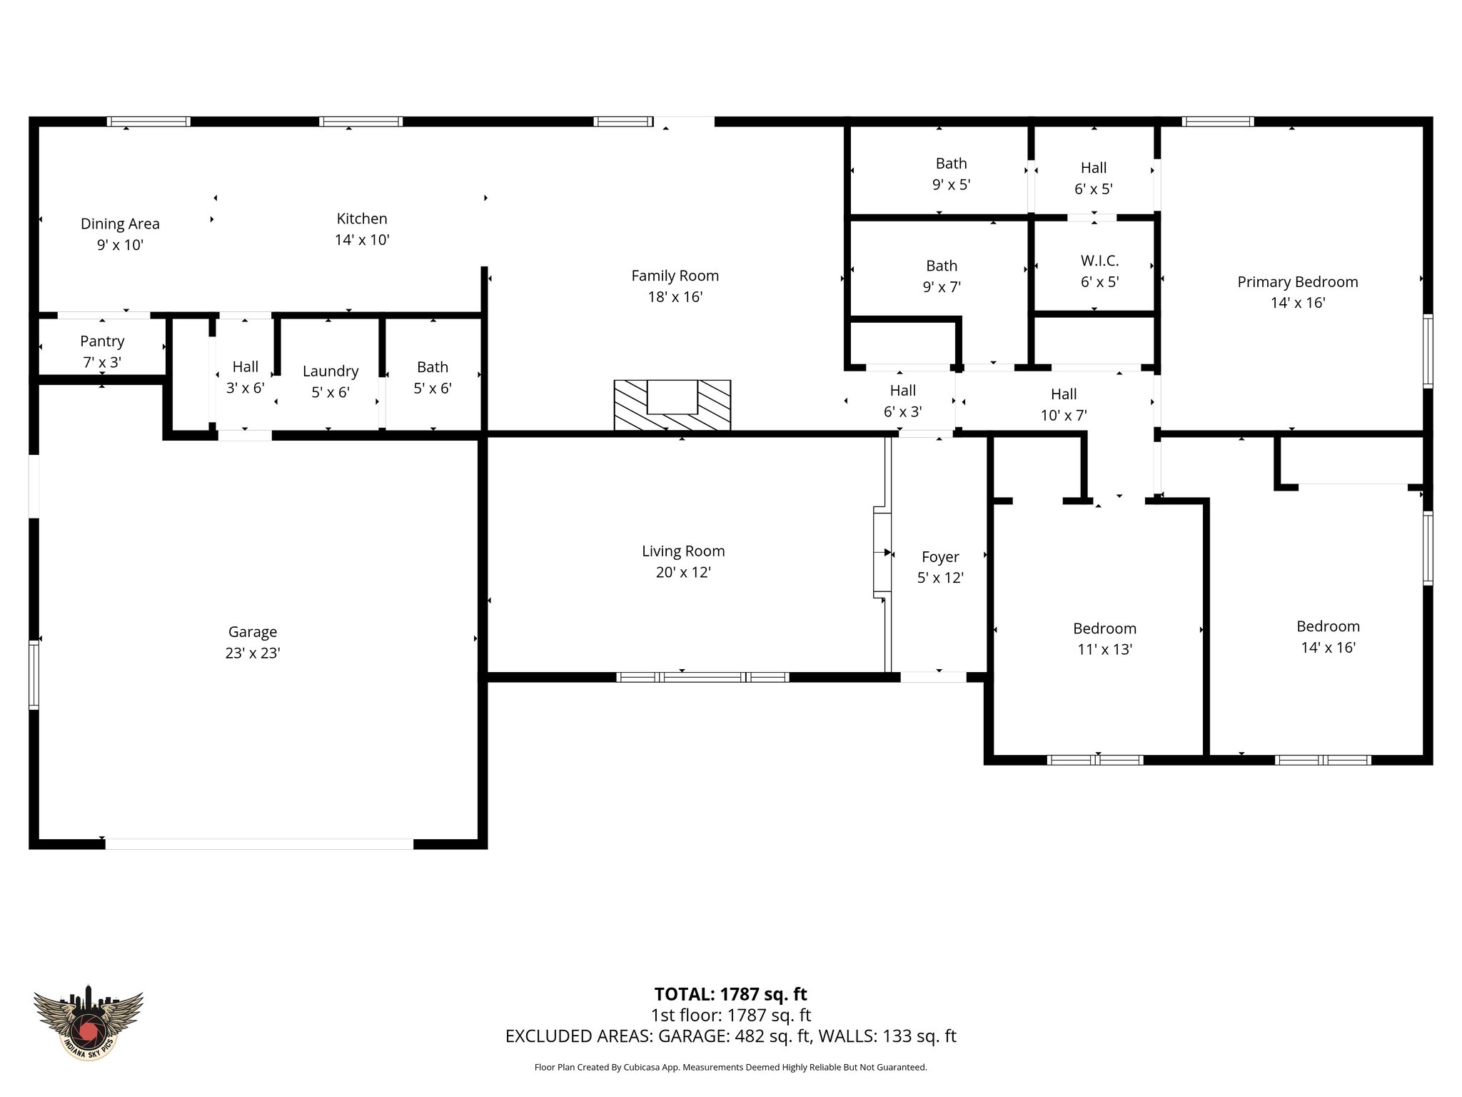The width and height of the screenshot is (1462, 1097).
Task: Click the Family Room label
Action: (x=675, y=276)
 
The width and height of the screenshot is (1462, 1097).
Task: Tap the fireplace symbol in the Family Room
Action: (x=672, y=405)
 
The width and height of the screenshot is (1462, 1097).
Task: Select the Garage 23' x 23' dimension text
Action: (x=253, y=653)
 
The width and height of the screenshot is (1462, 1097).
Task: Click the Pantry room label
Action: (x=102, y=341)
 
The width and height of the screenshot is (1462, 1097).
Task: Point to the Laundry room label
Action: (x=330, y=371)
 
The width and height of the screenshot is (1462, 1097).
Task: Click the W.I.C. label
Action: (x=1099, y=261)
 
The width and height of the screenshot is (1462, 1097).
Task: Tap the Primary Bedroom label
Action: (x=1297, y=282)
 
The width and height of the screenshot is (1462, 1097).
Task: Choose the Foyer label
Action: (x=940, y=557)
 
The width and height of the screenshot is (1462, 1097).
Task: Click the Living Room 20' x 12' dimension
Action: (x=683, y=573)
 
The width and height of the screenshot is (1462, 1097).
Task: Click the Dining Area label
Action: (x=120, y=224)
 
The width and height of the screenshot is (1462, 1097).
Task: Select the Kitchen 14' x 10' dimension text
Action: (x=362, y=240)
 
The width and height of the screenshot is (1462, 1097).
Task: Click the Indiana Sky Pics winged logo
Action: (x=89, y=1021)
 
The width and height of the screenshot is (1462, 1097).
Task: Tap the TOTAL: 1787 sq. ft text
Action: (x=730, y=994)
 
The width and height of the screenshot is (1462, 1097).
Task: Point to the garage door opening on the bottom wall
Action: (x=259, y=843)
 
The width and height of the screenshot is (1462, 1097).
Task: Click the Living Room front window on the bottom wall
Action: (x=702, y=677)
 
